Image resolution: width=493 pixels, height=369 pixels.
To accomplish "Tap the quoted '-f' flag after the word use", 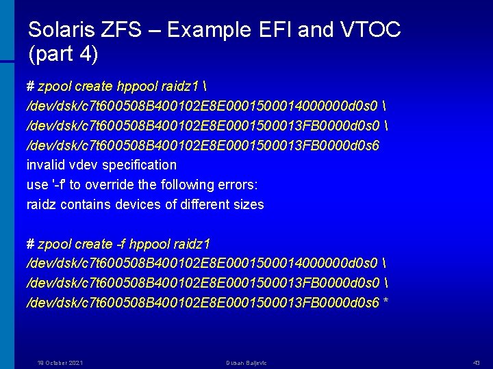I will click(59, 184).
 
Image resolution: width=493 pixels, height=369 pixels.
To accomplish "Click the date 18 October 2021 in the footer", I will click(60, 363).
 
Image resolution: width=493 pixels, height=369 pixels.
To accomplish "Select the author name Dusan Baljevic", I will click(246, 363).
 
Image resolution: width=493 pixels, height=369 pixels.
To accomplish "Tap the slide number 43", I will click(477, 363).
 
